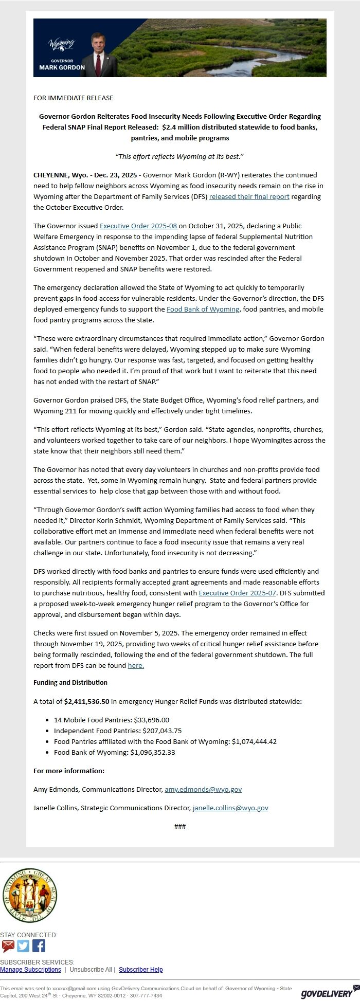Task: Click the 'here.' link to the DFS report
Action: (x=136, y=665)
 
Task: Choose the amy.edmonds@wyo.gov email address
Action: (x=203, y=789)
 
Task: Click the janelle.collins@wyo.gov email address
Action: (x=230, y=808)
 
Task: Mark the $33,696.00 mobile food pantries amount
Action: (x=151, y=720)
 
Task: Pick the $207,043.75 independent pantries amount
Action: (x=157, y=731)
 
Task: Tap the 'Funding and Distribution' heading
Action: (x=70, y=682)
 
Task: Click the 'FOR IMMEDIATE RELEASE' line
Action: (x=73, y=98)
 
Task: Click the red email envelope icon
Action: (x=8, y=946)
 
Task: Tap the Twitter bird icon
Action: (x=23, y=946)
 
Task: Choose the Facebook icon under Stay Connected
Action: (x=39, y=946)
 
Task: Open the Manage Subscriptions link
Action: (x=30, y=970)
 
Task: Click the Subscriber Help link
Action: (x=140, y=970)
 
